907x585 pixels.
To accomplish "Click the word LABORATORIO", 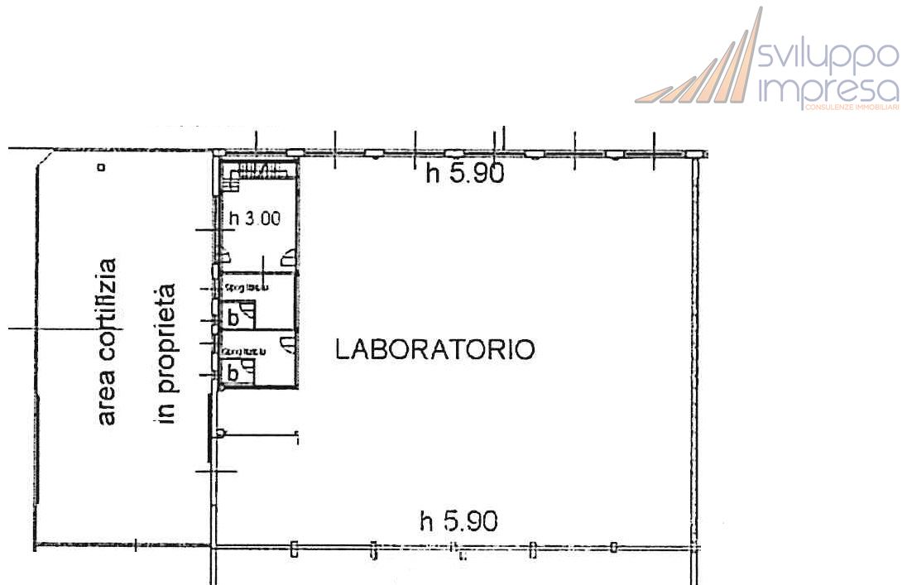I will (x=434, y=349).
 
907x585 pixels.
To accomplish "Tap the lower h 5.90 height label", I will (x=458, y=521).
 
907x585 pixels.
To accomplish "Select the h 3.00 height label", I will (x=254, y=219).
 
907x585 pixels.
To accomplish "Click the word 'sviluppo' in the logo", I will (x=828, y=55).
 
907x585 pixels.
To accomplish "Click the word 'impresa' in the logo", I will (x=828, y=89).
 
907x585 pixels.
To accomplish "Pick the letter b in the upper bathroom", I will (x=233, y=317).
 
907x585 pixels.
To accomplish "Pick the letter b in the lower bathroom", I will (x=233, y=373).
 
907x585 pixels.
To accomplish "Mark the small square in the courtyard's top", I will (x=101, y=167).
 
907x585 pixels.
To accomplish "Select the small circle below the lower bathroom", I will (x=220, y=433).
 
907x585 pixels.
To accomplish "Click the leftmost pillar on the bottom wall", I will (x=294, y=549).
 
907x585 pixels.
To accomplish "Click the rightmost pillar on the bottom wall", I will (x=613, y=547).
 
